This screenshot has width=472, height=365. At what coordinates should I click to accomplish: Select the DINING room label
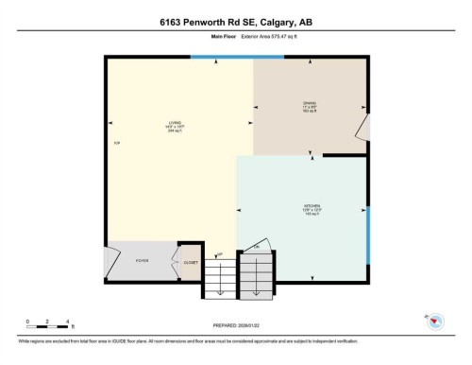coord(309,105)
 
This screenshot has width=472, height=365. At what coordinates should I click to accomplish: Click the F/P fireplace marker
coord(116,144)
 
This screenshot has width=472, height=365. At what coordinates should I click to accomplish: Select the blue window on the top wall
coord(222,58)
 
